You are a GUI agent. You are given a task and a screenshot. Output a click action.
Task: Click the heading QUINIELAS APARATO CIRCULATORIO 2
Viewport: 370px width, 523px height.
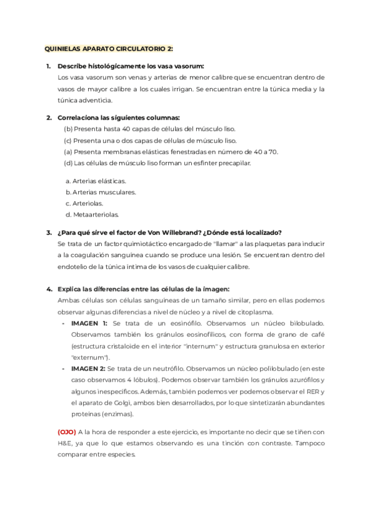click(x=109, y=49)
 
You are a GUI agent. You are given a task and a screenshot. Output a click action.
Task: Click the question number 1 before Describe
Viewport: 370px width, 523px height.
click(x=48, y=66)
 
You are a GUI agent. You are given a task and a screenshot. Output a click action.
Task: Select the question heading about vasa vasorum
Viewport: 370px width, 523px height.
click(x=130, y=66)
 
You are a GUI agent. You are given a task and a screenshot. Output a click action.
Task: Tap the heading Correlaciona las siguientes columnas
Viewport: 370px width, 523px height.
click(x=118, y=118)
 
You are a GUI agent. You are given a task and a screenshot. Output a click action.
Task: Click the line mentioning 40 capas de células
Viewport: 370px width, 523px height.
click(x=149, y=129)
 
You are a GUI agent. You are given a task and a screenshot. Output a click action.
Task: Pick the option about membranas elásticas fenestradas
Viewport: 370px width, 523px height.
click(x=171, y=152)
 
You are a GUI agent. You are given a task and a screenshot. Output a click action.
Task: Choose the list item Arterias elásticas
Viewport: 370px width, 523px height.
click(x=96, y=181)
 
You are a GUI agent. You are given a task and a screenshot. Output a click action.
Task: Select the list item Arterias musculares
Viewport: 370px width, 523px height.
click(x=100, y=192)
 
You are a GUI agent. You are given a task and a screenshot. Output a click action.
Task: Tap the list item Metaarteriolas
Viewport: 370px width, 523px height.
click(x=91, y=215)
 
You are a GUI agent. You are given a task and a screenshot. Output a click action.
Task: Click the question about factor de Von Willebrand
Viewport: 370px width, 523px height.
click(x=169, y=233)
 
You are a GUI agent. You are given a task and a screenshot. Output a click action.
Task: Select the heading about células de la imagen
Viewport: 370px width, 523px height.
click(x=143, y=289)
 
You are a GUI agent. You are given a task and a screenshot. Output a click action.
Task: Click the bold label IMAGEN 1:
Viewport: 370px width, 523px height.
click(x=89, y=323)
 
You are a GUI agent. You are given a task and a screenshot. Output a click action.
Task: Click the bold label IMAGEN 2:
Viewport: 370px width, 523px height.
click(x=89, y=369)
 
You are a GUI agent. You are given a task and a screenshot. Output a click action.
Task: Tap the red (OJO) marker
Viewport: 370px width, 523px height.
click(x=67, y=432)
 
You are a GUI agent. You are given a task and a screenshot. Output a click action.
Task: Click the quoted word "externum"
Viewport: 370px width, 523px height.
click(x=89, y=357)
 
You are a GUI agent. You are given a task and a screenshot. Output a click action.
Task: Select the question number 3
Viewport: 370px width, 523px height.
click(x=48, y=233)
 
